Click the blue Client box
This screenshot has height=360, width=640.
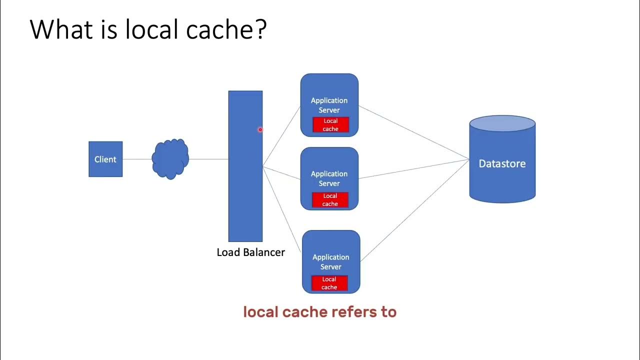pos(105,159)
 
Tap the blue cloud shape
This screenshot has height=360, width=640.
pos(170,159)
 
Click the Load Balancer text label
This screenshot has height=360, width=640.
pos(250,252)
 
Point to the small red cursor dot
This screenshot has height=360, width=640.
pos(260,130)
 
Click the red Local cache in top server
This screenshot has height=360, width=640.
pos(330,125)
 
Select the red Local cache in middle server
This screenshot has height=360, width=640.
pos(330,200)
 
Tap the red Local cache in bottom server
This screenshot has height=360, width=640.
pos(329,283)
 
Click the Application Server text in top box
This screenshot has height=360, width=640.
pos(329,105)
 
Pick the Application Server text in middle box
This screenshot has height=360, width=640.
pos(329,178)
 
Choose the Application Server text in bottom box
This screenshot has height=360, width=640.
pos(330,261)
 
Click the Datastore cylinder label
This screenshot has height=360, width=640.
pos(502,163)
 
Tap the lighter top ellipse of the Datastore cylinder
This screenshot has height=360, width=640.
pos(502,123)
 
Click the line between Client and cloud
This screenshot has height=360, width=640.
pos(137,159)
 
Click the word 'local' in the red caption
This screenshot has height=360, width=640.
pos(260,312)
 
